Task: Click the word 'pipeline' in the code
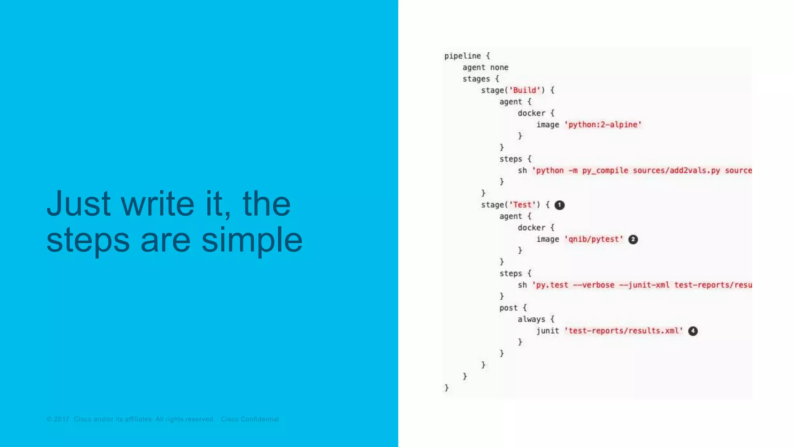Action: point(462,56)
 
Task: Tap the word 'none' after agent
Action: point(499,68)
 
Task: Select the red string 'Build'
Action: point(525,90)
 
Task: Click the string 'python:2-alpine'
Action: point(603,125)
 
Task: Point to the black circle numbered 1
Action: point(559,205)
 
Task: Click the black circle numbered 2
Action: point(633,239)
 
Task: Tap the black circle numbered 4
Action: point(693,331)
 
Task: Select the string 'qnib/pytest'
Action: point(594,239)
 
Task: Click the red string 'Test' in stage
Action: point(522,205)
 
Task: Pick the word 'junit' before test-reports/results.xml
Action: point(548,331)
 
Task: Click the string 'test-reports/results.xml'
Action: point(623,331)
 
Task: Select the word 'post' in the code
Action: point(509,308)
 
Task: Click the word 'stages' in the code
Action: point(476,79)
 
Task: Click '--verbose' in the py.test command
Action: point(594,285)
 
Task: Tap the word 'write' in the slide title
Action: point(157,204)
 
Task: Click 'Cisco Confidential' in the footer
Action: point(250,419)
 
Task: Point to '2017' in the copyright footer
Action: point(61,419)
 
